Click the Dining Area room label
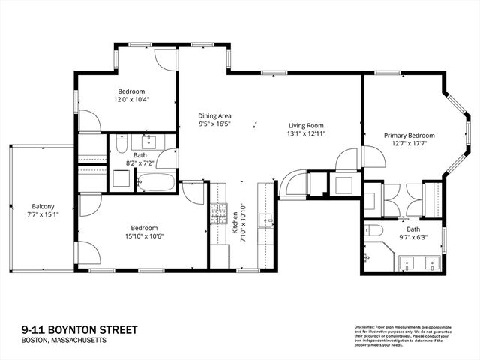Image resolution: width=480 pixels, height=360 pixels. [x=214, y=115]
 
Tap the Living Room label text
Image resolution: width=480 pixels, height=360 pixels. [x=306, y=125]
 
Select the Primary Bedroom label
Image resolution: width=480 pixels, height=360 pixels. [x=409, y=136]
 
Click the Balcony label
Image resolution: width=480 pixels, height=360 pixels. [x=43, y=207]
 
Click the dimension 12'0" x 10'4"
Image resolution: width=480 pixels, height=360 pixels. [x=131, y=99]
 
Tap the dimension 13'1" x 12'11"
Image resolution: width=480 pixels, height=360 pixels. [x=306, y=134]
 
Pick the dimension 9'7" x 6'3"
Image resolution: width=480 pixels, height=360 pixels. [x=414, y=238]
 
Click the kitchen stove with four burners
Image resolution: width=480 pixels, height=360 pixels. [x=217, y=215]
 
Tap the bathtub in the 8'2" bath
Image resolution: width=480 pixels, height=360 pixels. [x=154, y=181]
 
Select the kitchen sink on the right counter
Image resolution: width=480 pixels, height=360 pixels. [x=265, y=219]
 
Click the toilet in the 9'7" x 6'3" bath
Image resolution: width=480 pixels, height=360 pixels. [x=373, y=229]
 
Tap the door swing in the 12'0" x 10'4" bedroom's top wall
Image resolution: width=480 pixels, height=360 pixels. [x=166, y=59]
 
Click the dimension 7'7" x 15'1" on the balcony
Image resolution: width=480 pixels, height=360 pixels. [x=43, y=216]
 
